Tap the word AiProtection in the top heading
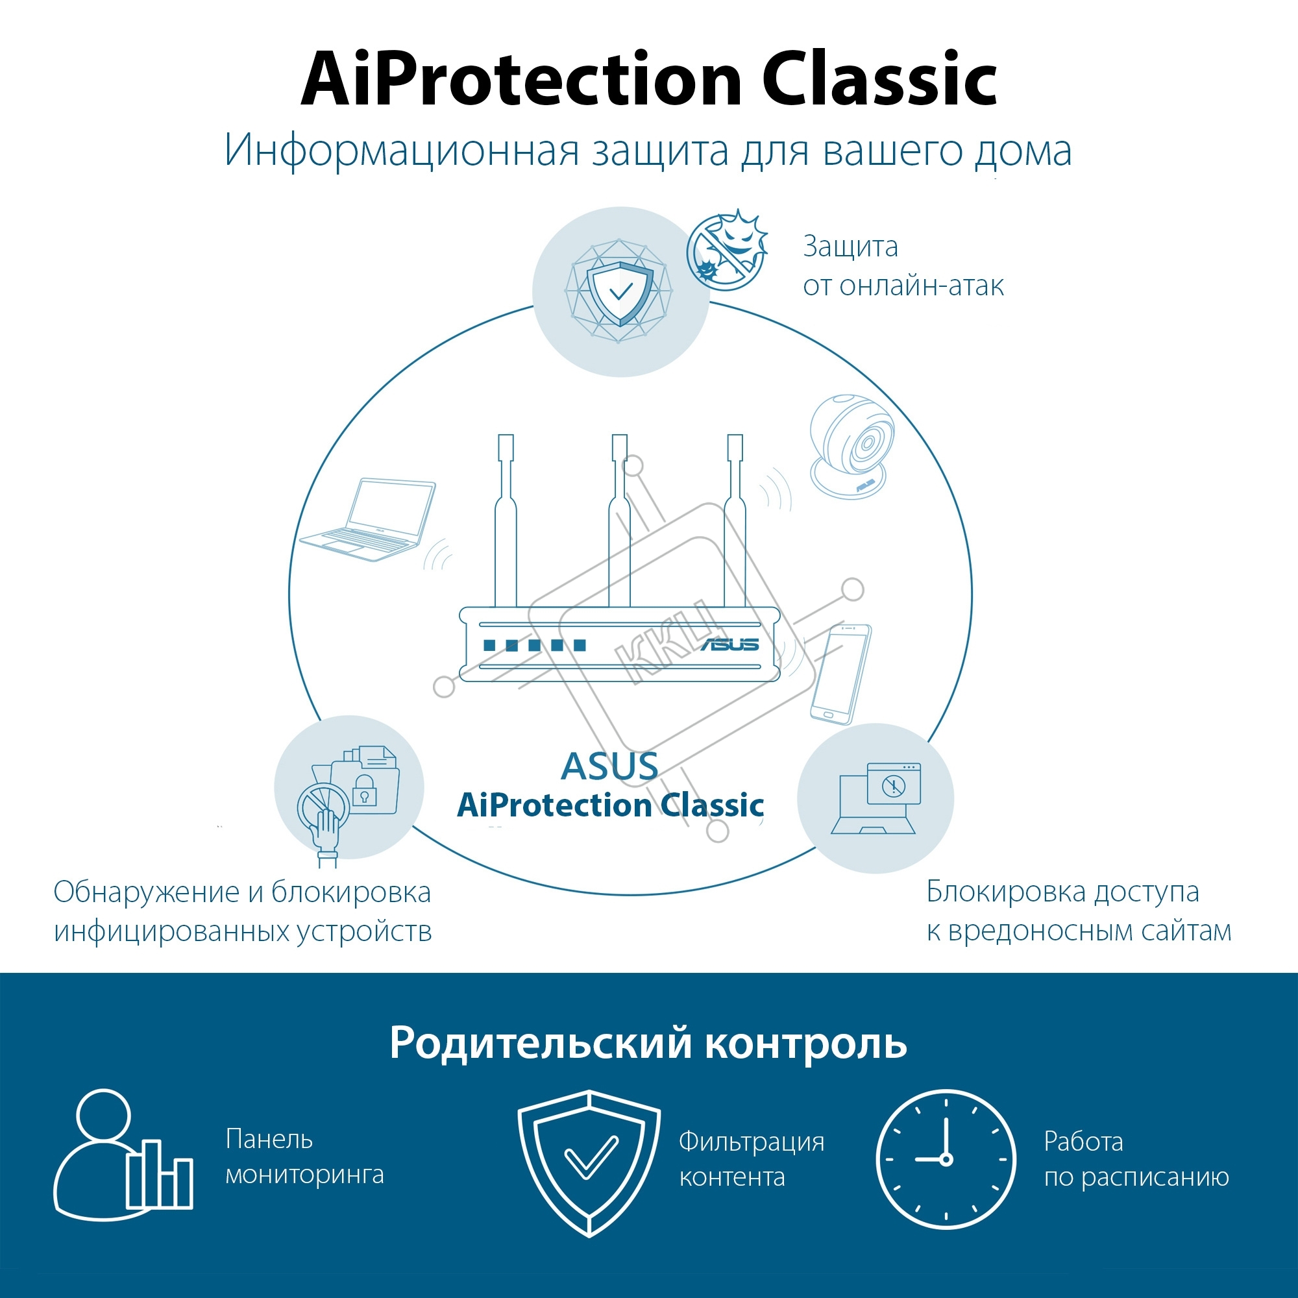[x=521, y=79]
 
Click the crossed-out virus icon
[x=727, y=249]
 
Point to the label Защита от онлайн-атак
[x=903, y=266]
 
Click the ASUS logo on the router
[x=730, y=644]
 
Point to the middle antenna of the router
[x=619, y=520]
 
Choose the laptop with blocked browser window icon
[x=876, y=798]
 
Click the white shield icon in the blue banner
[x=589, y=1163]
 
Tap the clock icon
[x=946, y=1159]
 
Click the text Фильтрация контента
[x=752, y=1159]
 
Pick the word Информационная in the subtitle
[x=401, y=151]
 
